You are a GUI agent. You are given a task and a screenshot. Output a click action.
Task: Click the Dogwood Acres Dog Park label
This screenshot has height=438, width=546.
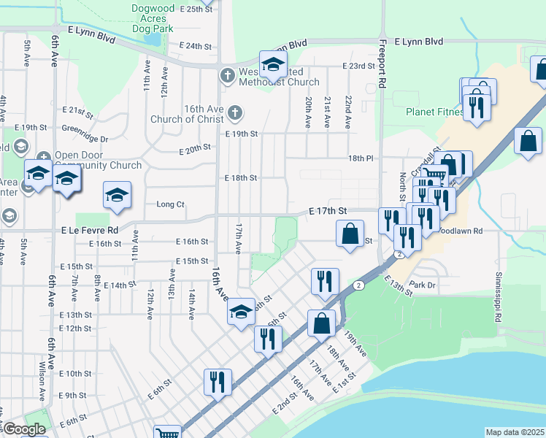click(153, 19)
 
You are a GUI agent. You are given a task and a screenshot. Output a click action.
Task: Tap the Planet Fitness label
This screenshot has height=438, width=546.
click(434, 112)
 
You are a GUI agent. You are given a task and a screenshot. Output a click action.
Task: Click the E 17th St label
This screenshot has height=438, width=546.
click(326, 210)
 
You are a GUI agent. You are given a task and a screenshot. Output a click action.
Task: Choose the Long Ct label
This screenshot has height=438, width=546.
click(170, 204)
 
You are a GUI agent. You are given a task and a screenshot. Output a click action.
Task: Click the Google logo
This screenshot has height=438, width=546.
click(23, 429)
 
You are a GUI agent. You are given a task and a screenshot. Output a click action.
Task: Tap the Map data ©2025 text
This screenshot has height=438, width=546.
click(515, 432)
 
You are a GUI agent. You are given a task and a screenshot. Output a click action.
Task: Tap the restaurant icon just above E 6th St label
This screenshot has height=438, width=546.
click(218, 382)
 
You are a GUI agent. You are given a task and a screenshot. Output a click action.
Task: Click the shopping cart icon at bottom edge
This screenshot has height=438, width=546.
click(168, 433)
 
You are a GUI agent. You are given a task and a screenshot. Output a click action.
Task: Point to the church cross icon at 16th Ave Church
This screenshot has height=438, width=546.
click(234, 112)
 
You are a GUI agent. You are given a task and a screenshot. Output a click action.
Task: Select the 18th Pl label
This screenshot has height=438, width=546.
click(361, 158)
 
